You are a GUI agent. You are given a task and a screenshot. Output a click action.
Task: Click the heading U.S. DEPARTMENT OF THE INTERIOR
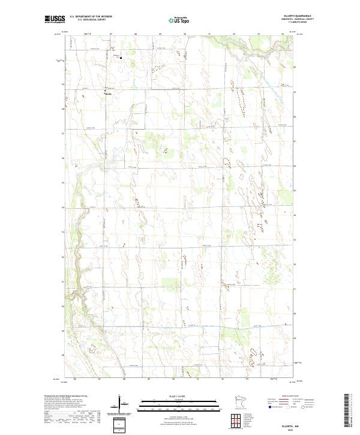tap(91, 17)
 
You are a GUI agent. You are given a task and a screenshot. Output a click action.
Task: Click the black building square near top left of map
tap(121, 58)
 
